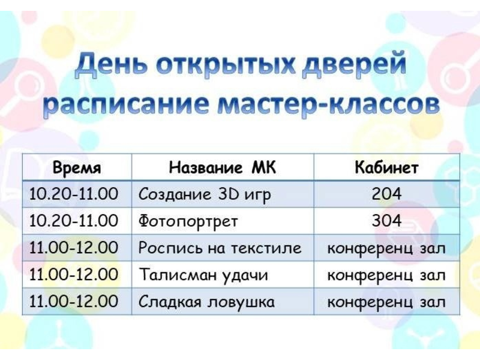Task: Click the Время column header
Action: tap(77, 167)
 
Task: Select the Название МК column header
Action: tap(222, 167)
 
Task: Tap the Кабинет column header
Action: tap(386, 167)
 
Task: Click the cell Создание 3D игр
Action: tap(205, 194)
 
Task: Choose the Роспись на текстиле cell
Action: tap(220, 248)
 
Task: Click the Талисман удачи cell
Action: tap(203, 275)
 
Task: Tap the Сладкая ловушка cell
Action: tap(206, 302)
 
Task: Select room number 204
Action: tap(386, 194)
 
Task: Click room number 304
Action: tap(386, 221)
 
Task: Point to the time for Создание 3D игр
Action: tap(73, 194)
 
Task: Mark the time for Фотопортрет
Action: tap(73, 221)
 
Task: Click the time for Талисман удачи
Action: tap(73, 274)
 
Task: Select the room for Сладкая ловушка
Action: tap(386, 302)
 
